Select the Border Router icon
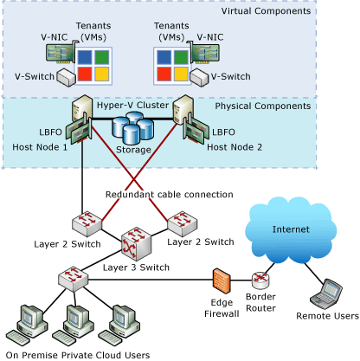(x=260, y=280)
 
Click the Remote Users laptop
(x=329, y=292)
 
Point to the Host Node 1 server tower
(x=83, y=113)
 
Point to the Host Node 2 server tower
(x=183, y=113)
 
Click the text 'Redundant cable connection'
(x=170, y=194)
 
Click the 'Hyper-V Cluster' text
(x=132, y=105)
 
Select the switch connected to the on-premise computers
(x=71, y=280)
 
